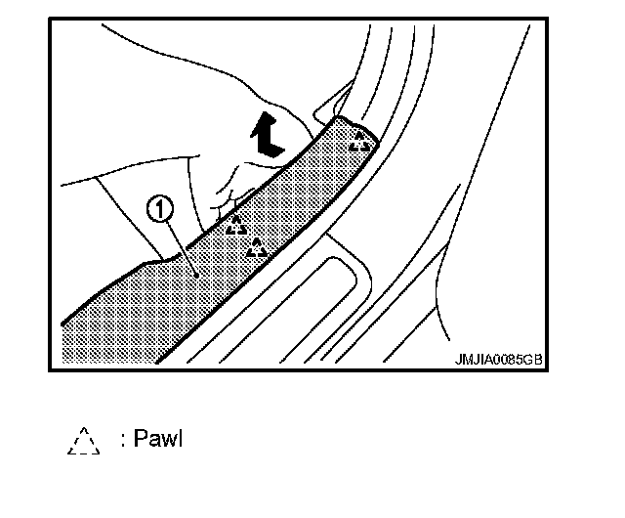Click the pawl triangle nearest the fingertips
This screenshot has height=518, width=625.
pyautogui.click(x=237, y=226)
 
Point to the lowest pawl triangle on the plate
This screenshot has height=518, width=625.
pyautogui.click(x=258, y=248)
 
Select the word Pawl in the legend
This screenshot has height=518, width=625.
pyautogui.click(x=160, y=439)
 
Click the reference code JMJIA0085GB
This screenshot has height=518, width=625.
pyautogui.click(x=498, y=359)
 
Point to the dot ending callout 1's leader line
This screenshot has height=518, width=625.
pyautogui.click(x=195, y=276)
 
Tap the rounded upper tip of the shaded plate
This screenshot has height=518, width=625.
pyautogui.click(x=342, y=123)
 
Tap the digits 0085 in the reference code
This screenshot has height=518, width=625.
pyautogui.click(x=504, y=359)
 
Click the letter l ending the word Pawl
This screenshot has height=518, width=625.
pyautogui.click(x=180, y=439)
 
